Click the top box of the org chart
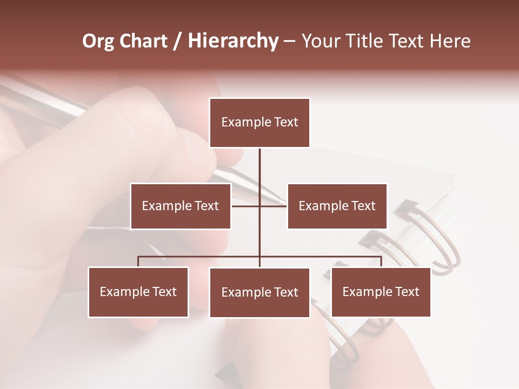(x=259, y=123)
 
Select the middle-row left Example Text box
(x=181, y=206)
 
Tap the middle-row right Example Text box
(x=337, y=206)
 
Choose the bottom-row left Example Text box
(x=138, y=292)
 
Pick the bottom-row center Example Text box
(x=259, y=292)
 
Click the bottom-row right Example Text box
(x=381, y=292)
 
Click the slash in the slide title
(x=178, y=41)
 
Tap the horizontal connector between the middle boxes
(x=246, y=206)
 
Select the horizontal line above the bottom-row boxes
(x=200, y=257)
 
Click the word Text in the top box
(x=285, y=122)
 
